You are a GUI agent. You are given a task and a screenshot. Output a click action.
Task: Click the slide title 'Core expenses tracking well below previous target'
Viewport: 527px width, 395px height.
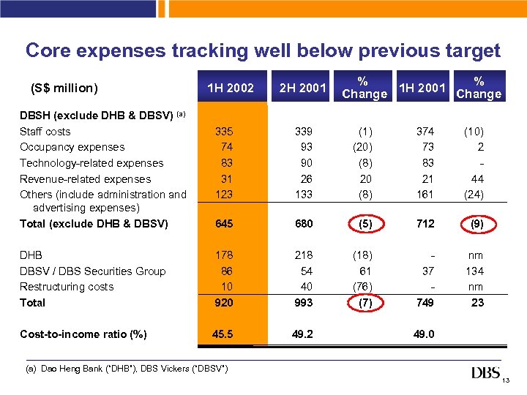pos(263,50)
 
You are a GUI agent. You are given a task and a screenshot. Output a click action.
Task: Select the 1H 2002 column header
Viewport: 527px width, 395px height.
pos(231,89)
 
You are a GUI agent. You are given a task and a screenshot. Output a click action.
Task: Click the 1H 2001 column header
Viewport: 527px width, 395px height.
pos(422,89)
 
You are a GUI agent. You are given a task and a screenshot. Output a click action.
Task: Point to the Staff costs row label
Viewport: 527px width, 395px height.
pos(45,132)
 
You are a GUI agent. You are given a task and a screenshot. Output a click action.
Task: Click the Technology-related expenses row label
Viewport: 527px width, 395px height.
pos(91,163)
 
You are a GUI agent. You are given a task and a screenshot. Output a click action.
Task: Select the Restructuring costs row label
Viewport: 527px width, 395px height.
pos(67,287)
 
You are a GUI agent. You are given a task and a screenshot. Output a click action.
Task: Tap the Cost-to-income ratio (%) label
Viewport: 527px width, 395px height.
pos(83,334)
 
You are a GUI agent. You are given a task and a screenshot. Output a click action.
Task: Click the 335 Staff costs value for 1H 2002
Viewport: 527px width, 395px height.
pos(223,132)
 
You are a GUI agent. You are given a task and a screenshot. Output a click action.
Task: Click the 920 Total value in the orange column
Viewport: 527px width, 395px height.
pos(223,303)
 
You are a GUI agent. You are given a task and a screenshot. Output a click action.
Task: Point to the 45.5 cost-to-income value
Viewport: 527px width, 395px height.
pos(221,334)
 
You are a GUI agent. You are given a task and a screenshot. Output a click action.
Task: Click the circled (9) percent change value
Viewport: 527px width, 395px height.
pos(476,225)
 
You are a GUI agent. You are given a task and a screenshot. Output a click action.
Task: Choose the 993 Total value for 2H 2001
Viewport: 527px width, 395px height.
pos(303,303)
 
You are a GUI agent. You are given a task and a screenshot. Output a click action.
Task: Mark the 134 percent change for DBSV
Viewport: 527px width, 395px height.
pos(476,271)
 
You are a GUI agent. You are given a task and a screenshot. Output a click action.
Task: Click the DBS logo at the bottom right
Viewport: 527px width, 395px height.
pos(485,373)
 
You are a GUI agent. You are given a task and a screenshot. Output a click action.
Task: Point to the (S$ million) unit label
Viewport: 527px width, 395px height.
pos(64,89)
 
